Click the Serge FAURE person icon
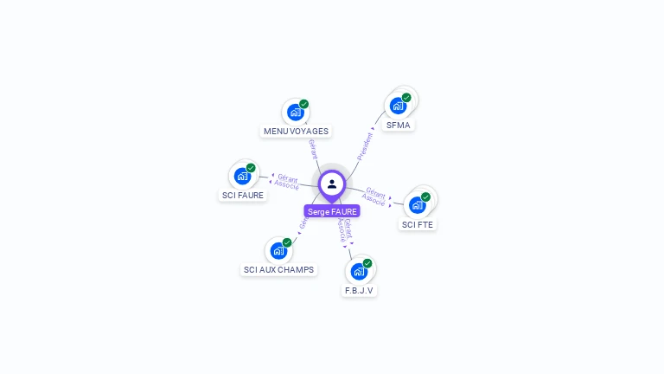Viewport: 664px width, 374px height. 332,184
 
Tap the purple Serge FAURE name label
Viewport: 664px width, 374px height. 332,211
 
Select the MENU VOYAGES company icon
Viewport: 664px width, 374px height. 296,113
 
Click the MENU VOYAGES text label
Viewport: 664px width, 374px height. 297,131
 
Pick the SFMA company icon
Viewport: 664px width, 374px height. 398,106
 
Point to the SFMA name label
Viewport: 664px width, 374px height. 399,125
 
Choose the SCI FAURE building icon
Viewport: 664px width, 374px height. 242,176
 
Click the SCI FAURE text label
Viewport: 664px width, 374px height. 243,195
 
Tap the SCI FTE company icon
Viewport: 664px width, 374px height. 418,205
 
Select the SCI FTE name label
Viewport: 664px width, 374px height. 418,224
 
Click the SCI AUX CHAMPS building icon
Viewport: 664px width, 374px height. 278,251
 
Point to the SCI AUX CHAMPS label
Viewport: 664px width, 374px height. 278,269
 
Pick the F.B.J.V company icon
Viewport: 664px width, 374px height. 359,272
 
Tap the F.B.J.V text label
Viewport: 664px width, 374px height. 359,290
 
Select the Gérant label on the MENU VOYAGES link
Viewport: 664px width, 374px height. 312,149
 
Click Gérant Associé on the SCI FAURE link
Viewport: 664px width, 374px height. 287,181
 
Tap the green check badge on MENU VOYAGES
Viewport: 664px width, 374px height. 303,104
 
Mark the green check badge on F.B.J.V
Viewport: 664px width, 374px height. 367,263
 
